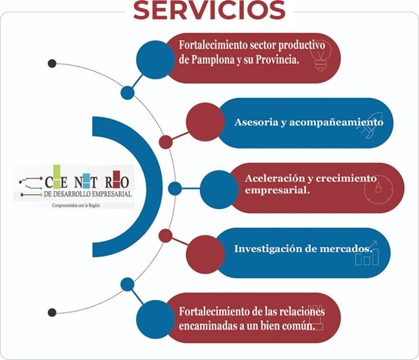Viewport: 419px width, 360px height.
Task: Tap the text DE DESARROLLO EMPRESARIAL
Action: pyautogui.click(x=87, y=194)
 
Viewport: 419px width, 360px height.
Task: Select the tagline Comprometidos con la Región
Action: pyautogui.click(x=76, y=205)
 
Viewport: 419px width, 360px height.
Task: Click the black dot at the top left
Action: pyautogui.click(x=52, y=63)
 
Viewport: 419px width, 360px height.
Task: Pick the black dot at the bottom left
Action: pyautogui.click(x=52, y=312)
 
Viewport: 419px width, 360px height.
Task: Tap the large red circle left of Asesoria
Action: pyautogui.click(x=204, y=122)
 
